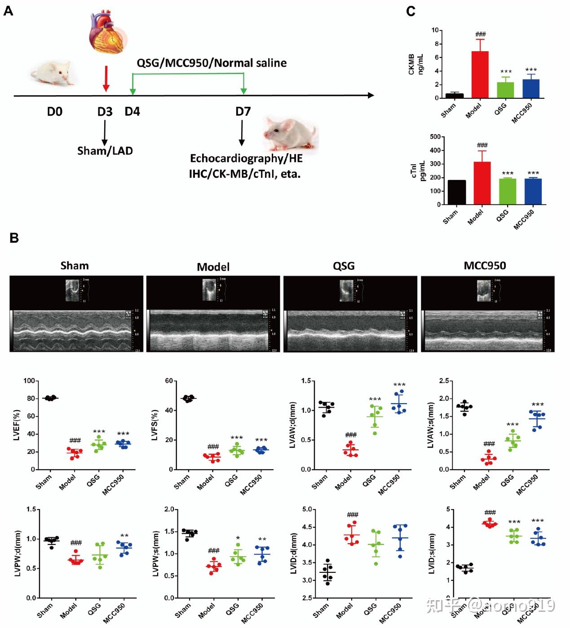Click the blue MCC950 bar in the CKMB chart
click(531, 89)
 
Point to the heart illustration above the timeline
click(107, 30)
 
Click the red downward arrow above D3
click(106, 79)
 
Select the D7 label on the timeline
click(243, 111)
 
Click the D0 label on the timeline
click(55, 111)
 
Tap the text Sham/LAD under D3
click(105, 150)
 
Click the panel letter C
click(410, 11)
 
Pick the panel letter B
click(14, 238)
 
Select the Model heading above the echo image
click(213, 267)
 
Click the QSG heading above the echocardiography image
click(344, 266)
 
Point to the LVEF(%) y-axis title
click(17, 425)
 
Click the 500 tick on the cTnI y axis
click(434, 137)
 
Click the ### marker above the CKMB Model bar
click(480, 34)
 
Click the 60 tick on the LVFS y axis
click(169, 381)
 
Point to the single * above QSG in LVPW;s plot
click(238, 538)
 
